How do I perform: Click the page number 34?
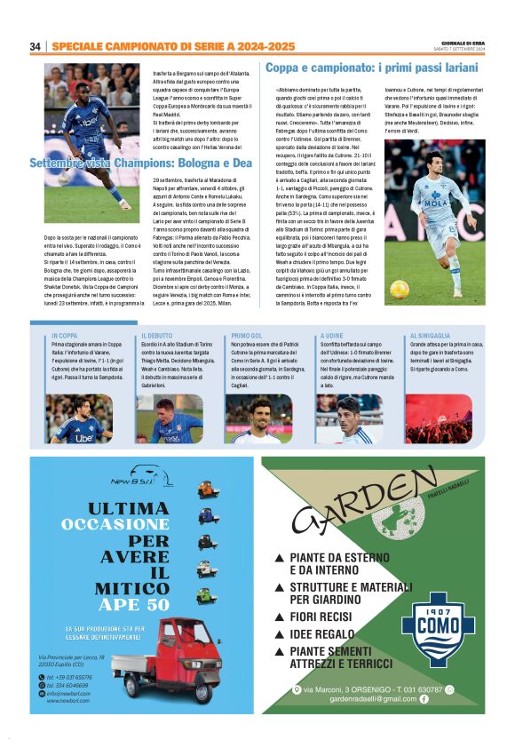pos(36,46)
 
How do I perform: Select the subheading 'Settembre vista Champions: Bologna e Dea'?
pos(141,163)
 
